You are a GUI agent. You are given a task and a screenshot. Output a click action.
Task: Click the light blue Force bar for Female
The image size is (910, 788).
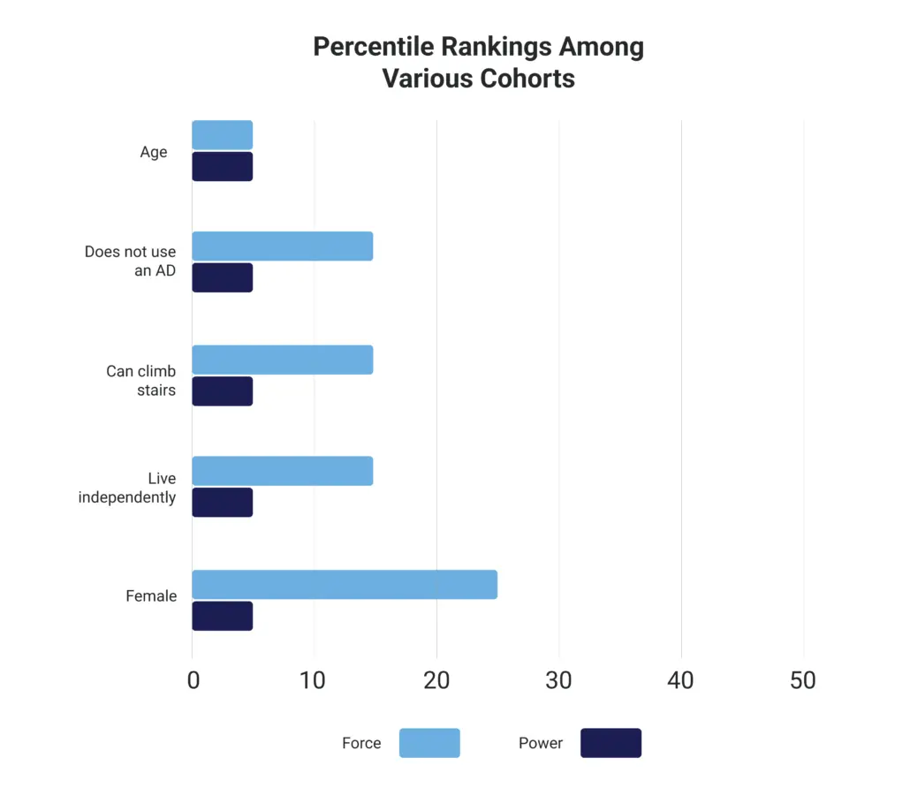click(345, 584)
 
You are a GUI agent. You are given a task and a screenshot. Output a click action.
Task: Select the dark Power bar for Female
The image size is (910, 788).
click(223, 616)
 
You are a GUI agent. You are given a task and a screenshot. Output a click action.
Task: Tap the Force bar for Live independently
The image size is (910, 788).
click(283, 471)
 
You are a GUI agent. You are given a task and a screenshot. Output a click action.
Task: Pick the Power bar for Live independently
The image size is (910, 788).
click(223, 503)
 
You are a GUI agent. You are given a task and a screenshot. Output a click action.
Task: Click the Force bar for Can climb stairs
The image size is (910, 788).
click(283, 360)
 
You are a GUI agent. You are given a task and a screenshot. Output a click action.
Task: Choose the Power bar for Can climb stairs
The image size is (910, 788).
click(223, 391)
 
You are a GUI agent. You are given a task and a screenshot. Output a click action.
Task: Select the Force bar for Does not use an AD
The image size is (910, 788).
click(283, 246)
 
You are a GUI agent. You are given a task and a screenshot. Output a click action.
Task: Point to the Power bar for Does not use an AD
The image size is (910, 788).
click(223, 277)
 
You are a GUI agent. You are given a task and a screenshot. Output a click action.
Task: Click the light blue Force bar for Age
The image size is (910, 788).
click(223, 135)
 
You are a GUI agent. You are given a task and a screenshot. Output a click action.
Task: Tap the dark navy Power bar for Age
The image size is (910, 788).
click(223, 167)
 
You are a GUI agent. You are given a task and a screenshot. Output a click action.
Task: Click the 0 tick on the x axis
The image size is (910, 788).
click(193, 680)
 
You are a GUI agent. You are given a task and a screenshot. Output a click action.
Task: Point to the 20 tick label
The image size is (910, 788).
click(436, 680)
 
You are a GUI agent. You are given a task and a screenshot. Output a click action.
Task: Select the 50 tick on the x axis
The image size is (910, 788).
click(802, 680)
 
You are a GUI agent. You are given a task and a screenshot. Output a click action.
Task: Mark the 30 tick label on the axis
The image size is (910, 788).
click(558, 680)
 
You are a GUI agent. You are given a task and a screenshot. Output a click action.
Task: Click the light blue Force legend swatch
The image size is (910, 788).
click(429, 743)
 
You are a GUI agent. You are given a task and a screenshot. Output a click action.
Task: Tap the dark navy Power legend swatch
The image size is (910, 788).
click(610, 743)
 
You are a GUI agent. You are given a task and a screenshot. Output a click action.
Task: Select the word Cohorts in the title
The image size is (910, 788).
click(527, 78)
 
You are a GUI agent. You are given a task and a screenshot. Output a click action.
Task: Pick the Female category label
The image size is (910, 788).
click(151, 596)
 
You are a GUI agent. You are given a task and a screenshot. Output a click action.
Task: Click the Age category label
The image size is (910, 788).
click(153, 152)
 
